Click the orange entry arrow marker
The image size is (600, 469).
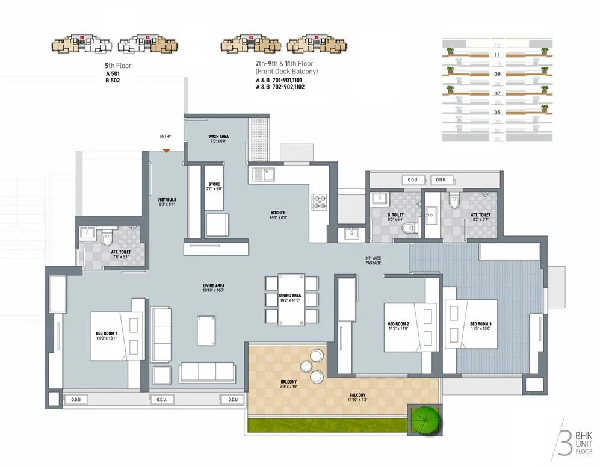pyautogui.click(x=165, y=150)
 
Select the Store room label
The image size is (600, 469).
pyautogui.click(x=215, y=186)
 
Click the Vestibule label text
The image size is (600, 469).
pyautogui.click(x=166, y=201)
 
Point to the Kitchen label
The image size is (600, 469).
pyautogui.click(x=278, y=214)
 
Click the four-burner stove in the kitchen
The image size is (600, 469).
pyautogui.click(x=318, y=202)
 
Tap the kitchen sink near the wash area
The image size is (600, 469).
pyautogui.click(x=263, y=175)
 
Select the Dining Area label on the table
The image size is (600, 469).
pyautogui.click(x=289, y=298)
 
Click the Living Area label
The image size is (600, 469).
pyautogui.click(x=214, y=288)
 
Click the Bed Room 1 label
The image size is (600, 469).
pyautogui.click(x=107, y=335)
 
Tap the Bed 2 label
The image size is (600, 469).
pyautogui.click(x=398, y=326)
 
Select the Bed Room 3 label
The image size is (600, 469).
pyautogui.click(x=481, y=326)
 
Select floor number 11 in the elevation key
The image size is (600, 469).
pyautogui.click(x=497, y=55)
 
